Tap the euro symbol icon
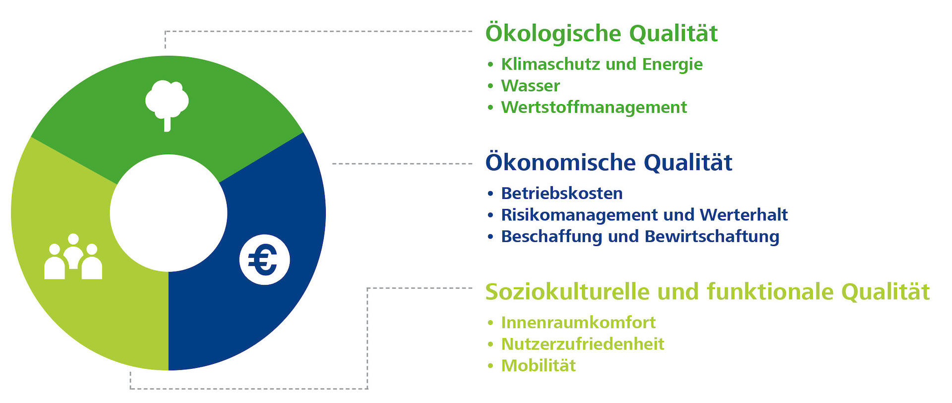click(x=264, y=259)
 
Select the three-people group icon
click(x=73, y=256)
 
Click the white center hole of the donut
click(x=169, y=213)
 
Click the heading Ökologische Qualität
click(x=601, y=33)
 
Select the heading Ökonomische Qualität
click(x=609, y=162)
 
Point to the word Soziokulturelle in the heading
click(x=567, y=291)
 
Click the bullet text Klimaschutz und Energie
click(x=602, y=64)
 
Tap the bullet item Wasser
click(x=531, y=86)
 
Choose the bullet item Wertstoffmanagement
click(x=594, y=107)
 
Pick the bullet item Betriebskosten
click(x=562, y=193)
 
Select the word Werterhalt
click(x=744, y=215)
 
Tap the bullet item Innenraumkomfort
click(x=578, y=323)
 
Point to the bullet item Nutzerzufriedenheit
click(x=583, y=344)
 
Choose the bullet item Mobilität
click(x=538, y=366)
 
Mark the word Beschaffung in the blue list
click(x=552, y=236)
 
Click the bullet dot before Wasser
click(x=490, y=86)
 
